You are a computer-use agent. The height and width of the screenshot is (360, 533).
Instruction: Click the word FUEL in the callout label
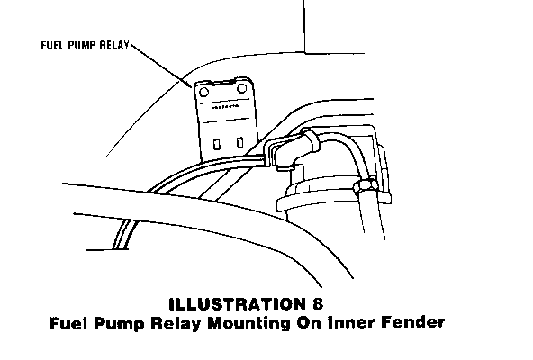pyautogui.click(x=53, y=46)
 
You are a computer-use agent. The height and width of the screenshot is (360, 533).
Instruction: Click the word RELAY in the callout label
pyautogui.click(x=115, y=46)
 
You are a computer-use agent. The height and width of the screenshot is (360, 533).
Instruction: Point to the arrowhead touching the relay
pyautogui.click(x=188, y=84)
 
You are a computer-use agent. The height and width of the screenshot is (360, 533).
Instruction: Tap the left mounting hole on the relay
pyautogui.click(x=204, y=92)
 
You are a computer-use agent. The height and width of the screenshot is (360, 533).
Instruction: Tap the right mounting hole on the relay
pyautogui.click(x=241, y=89)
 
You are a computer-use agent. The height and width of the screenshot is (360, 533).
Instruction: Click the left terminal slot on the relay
pyautogui.click(x=216, y=145)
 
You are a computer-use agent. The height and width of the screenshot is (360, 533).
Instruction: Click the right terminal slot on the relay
pyautogui.click(x=239, y=142)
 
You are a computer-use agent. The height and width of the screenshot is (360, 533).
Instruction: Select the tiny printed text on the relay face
pyautogui.click(x=225, y=107)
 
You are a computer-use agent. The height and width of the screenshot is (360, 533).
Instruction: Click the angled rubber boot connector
pyautogui.click(x=292, y=148)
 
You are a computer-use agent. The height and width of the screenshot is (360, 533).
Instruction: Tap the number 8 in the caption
pyautogui.click(x=318, y=303)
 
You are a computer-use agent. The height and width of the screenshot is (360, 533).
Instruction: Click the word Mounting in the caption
pyautogui.click(x=249, y=323)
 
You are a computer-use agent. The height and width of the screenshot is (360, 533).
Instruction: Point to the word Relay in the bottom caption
pyautogui.click(x=176, y=323)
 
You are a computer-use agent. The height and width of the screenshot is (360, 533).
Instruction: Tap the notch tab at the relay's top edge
pyautogui.click(x=222, y=82)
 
